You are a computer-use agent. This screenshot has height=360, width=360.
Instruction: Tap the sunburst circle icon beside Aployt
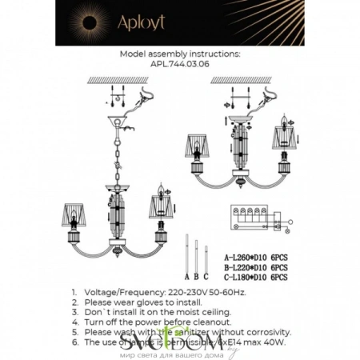point(85,22)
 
